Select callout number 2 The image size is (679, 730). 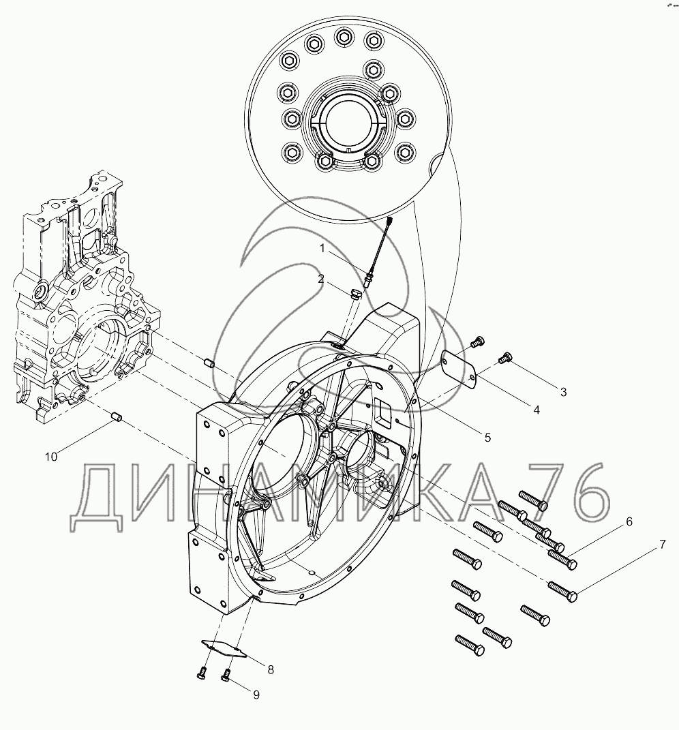(x=320, y=279)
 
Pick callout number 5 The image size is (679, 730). (x=487, y=438)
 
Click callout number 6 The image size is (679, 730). (x=629, y=521)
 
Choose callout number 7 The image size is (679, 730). (x=661, y=545)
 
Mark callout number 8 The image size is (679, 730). (x=270, y=669)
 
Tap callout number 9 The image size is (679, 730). (x=256, y=695)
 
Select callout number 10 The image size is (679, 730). (x=51, y=457)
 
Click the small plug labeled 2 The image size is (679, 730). (x=354, y=294)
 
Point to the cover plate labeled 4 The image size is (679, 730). (x=458, y=368)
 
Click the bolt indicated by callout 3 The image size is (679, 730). (x=506, y=356)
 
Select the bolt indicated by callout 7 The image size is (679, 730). (x=563, y=591)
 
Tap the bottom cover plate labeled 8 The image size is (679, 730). (x=225, y=648)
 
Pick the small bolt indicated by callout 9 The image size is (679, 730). (x=226, y=675)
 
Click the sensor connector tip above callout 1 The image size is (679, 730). (x=390, y=220)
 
